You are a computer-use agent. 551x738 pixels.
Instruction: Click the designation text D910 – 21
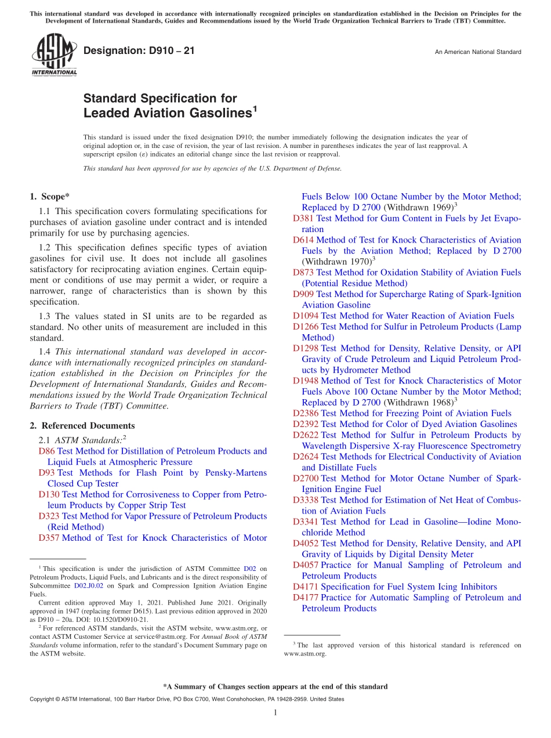pos(139,51)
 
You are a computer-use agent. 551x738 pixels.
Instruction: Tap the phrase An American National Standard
pos(477,52)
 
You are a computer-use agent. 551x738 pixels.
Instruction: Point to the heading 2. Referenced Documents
pos(82,426)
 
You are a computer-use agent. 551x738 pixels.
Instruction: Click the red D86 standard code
pos(46,451)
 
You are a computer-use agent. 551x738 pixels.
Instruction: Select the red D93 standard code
pos(46,473)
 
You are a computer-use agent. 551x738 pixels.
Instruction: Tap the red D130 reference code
pos(49,494)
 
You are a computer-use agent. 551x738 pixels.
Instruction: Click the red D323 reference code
pos(49,516)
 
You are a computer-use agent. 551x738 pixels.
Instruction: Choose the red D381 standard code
pos(303,218)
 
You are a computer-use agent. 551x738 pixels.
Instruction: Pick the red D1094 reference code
pos(306,316)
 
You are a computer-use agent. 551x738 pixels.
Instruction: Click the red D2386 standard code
pos(306,413)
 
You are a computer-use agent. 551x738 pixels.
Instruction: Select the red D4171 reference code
pos(306,587)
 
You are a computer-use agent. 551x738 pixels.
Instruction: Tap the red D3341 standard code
pos(306,522)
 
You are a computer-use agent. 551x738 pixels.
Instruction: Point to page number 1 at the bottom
pos(275,712)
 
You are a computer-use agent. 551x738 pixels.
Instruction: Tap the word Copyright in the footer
pos(43,699)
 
